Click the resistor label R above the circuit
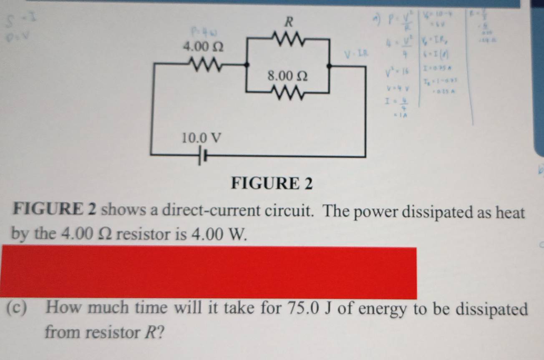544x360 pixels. click(x=287, y=22)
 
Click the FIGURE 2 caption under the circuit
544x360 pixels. click(x=272, y=183)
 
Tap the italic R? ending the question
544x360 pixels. click(x=153, y=332)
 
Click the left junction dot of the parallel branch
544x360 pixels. click(x=249, y=65)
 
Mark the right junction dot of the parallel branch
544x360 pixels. click(x=329, y=65)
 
